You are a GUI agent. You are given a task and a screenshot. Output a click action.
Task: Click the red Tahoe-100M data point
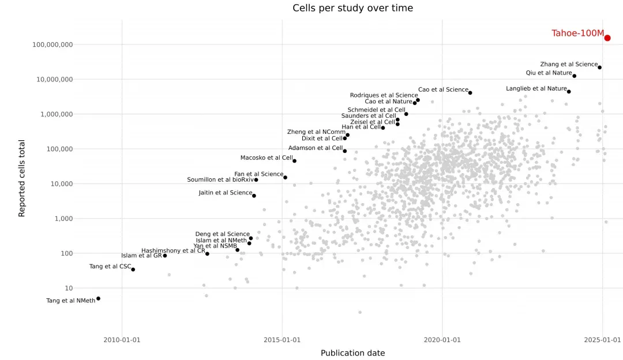pos(607,38)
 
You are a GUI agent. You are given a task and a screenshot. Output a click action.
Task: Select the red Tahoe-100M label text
pos(577,33)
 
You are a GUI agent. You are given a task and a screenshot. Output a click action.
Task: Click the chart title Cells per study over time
pos(353,8)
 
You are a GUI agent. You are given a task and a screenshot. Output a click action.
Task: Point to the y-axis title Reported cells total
pos(21,178)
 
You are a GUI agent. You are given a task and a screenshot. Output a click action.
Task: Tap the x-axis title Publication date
pos(353,353)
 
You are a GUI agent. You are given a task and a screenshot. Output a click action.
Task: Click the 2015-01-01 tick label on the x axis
pos(282,340)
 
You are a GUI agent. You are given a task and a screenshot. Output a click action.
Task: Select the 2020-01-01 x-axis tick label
pos(442,340)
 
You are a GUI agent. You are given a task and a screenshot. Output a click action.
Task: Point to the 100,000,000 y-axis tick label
pos(52,45)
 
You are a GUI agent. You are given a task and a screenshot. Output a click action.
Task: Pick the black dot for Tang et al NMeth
pos(98,298)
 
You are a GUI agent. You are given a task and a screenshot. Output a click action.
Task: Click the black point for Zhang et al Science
pos(599,67)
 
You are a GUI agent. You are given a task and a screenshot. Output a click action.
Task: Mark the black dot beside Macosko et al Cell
pos(294,161)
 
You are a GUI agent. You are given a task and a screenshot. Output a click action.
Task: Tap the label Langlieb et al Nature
pos(536,89)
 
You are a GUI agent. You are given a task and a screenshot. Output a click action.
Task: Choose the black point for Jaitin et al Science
pos(254,196)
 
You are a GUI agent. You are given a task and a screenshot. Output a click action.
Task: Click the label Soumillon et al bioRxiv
pos(220,179)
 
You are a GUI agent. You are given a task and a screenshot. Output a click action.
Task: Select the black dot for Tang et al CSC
pos(133,269)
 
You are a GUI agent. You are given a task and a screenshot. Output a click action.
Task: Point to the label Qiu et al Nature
pos(549,73)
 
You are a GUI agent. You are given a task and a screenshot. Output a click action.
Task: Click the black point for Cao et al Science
pos(470,92)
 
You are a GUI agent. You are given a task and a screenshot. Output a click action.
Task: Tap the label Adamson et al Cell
pos(316,148)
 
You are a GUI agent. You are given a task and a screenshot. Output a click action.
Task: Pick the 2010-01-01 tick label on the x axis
pos(122,340)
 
